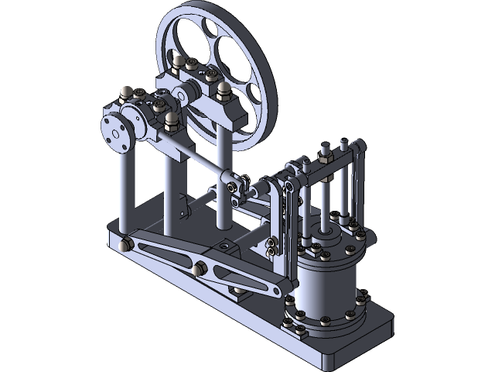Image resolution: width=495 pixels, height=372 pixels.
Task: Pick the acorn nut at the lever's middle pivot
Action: pos(197,268)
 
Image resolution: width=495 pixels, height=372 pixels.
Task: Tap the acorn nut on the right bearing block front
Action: pos(223,91)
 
